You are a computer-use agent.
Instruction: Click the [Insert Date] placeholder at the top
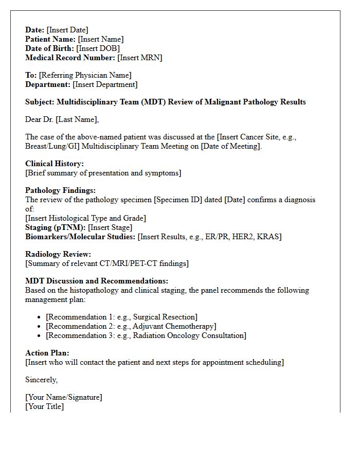coord(67,30)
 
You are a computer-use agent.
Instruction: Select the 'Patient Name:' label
coord(50,39)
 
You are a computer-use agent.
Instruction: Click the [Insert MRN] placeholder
coord(139,58)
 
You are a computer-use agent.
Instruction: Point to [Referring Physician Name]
coord(85,75)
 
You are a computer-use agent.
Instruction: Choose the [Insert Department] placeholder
coord(105,84)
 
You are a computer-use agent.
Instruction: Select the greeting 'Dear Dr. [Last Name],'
coord(62,119)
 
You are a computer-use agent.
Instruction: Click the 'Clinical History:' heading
coord(55,164)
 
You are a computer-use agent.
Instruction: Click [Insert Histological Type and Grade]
coord(85,218)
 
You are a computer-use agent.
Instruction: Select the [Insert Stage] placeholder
coord(110,227)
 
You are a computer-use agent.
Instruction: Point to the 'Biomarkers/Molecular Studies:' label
coord(80,237)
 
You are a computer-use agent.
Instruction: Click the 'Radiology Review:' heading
coord(58,254)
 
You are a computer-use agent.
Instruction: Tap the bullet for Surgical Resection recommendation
coord(40,317)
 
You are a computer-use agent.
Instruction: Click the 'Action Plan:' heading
coord(47,353)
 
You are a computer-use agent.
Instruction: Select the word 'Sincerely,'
coord(42,380)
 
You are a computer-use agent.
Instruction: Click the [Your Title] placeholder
coord(45,406)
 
